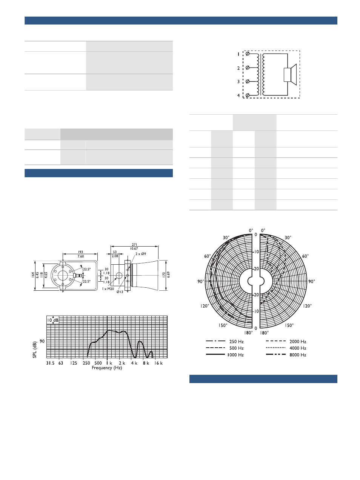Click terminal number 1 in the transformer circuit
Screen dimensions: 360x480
point(238,54)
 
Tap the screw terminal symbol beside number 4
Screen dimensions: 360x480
point(248,95)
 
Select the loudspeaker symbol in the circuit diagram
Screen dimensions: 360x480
point(290,75)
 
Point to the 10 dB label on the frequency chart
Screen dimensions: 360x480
point(53,320)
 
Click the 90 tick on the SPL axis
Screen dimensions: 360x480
point(42,341)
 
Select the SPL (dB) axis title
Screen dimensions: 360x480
point(35,350)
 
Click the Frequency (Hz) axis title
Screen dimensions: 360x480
point(107,368)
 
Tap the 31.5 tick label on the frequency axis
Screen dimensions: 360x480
point(50,363)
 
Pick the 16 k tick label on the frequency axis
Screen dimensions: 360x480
point(158,363)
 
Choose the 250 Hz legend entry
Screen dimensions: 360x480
point(225,341)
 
